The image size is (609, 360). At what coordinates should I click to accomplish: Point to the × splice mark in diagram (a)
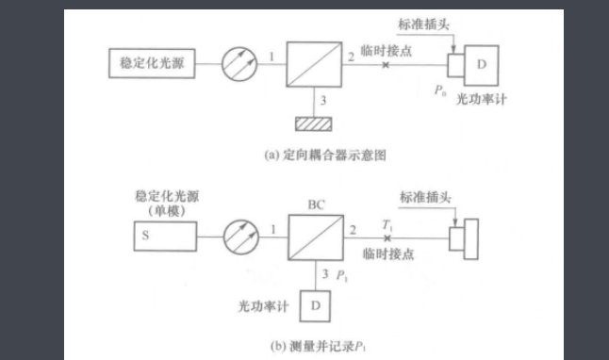(x=384, y=66)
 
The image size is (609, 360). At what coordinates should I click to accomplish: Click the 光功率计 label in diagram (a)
(x=481, y=100)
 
